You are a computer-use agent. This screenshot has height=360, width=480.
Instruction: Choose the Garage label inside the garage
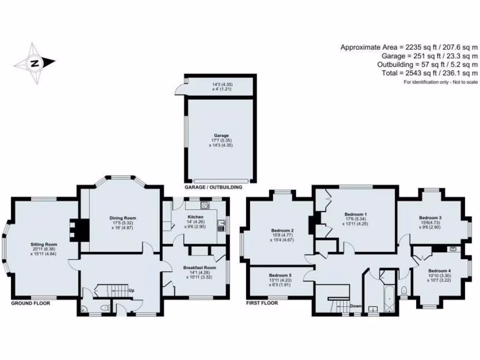click(x=220, y=135)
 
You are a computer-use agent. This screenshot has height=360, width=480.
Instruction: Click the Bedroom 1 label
click(x=355, y=214)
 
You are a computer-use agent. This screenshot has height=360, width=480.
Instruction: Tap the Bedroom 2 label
click(x=282, y=230)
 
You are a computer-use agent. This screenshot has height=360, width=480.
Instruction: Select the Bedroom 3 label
click(x=430, y=218)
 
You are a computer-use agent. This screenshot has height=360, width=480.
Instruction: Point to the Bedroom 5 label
click(x=280, y=275)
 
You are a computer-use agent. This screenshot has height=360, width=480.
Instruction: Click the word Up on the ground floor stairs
click(x=132, y=290)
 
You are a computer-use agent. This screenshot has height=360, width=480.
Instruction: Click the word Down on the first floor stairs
click(x=355, y=306)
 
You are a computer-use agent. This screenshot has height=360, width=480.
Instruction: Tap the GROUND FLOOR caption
click(x=30, y=303)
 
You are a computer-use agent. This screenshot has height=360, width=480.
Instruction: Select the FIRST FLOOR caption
click(x=262, y=303)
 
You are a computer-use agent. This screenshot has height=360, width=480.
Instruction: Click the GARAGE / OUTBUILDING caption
click(x=213, y=187)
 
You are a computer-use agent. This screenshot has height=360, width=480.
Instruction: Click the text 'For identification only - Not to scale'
click(x=441, y=82)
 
